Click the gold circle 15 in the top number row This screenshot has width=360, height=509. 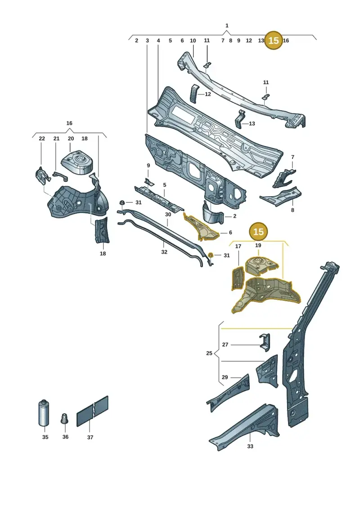[274, 41]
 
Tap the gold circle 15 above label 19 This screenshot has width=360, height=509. [258, 231]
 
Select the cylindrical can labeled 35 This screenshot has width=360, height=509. [44, 412]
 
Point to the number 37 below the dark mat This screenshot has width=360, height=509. [90, 437]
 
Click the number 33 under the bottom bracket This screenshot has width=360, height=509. [250, 446]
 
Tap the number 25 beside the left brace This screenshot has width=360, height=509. [209, 353]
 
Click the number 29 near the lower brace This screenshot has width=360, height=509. [225, 377]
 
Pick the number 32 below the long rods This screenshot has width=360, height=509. [164, 252]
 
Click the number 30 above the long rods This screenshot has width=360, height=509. [168, 215]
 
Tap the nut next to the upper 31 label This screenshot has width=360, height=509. [122, 203]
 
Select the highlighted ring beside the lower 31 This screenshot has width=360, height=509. [210, 255]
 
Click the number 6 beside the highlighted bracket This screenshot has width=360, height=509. [230, 232]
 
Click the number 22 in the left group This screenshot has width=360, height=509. [42, 139]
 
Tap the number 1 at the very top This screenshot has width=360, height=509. [227, 25]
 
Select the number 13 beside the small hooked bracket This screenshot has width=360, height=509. [252, 124]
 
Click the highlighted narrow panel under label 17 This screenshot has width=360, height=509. [237, 278]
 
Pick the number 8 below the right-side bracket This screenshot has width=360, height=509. [292, 210]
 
